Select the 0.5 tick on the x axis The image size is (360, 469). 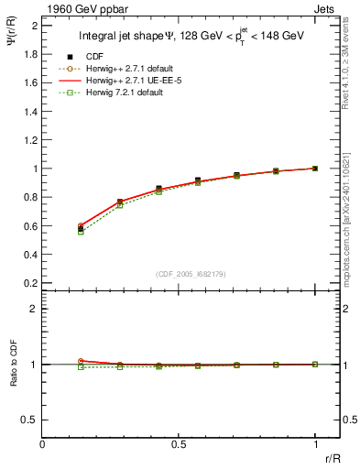[179, 444]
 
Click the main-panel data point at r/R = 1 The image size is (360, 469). [315, 169]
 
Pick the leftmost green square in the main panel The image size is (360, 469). [81, 232]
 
